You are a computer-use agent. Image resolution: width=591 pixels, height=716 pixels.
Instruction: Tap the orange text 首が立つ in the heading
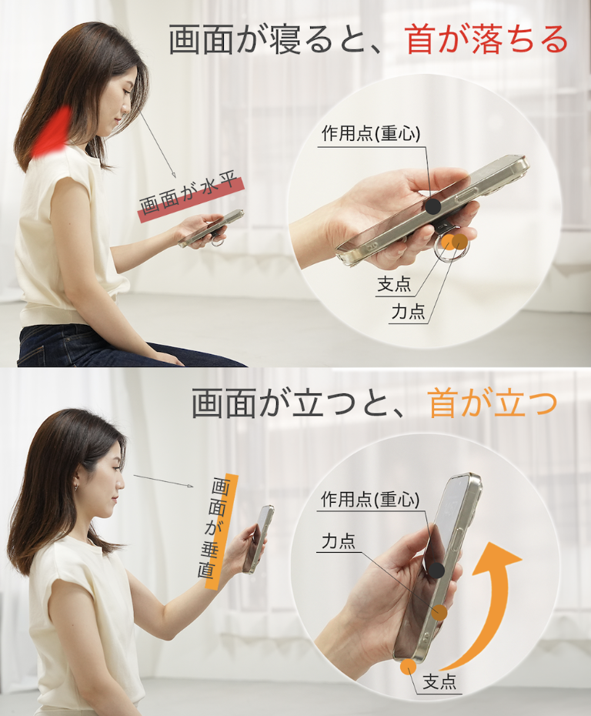[x=493, y=403]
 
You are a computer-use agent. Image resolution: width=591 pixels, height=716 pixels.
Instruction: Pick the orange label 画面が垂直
[x=222, y=531]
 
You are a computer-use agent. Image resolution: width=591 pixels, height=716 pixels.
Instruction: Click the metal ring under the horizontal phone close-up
[x=449, y=248]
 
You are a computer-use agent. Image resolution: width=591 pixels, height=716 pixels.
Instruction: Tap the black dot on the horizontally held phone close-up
[x=433, y=206]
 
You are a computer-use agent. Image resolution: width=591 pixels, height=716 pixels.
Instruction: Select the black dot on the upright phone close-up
[x=436, y=570]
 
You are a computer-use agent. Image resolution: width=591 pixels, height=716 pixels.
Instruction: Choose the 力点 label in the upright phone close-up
[x=339, y=542]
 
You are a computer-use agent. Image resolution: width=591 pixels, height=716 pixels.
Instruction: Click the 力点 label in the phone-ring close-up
[x=408, y=312]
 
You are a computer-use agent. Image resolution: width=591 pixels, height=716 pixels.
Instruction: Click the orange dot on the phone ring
[x=459, y=242]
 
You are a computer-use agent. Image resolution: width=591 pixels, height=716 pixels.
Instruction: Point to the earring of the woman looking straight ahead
[x=75, y=488]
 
